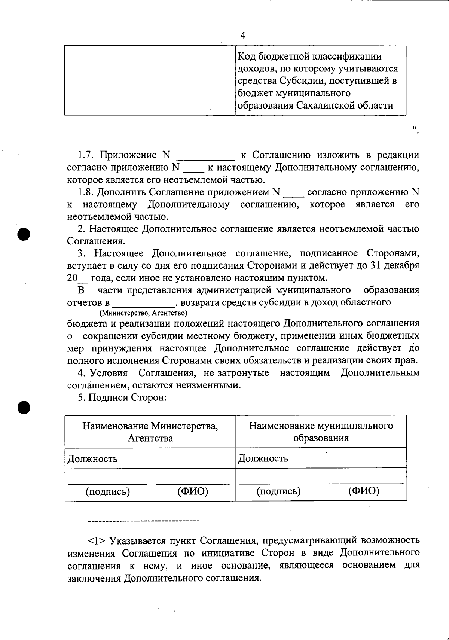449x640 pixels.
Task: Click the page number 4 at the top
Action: [x=243, y=35]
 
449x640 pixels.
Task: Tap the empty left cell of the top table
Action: [x=150, y=80]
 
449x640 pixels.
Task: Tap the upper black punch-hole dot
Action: [x=24, y=234]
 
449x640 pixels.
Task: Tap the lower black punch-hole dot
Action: [x=24, y=407]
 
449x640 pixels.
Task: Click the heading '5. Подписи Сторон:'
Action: [x=122, y=397]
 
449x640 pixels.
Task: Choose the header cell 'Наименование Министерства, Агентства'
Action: [x=150, y=432]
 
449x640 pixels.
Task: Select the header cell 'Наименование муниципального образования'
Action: [x=321, y=432]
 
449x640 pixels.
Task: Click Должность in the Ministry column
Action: [x=92, y=458]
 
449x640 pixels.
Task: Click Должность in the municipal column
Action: [x=263, y=458]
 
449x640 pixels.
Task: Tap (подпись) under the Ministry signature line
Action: [x=108, y=491]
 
